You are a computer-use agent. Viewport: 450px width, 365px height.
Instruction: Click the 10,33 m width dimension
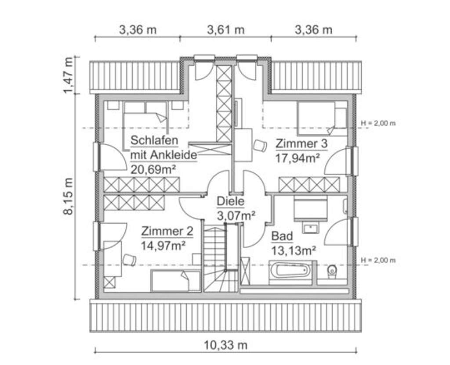(225, 346)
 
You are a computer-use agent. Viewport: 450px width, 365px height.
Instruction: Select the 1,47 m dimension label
(69, 75)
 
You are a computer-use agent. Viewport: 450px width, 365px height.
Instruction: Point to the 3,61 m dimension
(225, 30)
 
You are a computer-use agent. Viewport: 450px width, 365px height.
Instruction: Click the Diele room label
(230, 201)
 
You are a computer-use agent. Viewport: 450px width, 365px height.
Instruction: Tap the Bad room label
(282, 236)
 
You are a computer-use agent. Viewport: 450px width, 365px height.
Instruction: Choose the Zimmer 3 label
(301, 143)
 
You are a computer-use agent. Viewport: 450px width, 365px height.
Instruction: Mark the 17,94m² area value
(297, 158)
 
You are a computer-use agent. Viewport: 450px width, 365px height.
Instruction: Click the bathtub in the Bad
(290, 270)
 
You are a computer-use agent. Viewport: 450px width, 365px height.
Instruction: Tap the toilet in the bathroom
(332, 271)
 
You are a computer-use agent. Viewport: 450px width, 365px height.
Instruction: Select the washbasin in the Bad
(311, 228)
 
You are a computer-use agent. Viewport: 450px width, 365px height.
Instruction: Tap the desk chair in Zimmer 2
(129, 260)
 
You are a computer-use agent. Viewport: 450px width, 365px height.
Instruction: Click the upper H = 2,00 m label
(377, 123)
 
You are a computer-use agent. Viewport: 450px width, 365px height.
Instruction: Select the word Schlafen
(154, 140)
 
